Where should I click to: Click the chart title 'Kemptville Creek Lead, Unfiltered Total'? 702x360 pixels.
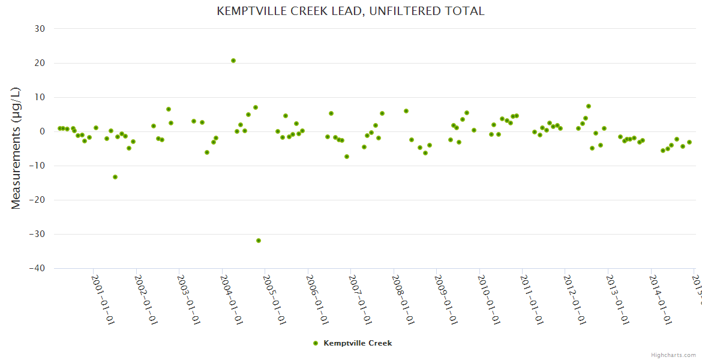point(350,11)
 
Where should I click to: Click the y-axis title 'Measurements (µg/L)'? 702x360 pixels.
point(16,148)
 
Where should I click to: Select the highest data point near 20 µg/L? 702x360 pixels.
point(233,61)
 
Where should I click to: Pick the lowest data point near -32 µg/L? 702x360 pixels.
point(259,241)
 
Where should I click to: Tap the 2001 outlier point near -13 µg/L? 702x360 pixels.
point(115,177)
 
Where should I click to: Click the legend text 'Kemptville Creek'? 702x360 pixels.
point(358,343)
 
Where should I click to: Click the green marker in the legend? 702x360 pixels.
point(316,343)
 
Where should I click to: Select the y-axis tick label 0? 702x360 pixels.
point(43,131)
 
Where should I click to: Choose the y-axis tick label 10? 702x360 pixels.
point(40,97)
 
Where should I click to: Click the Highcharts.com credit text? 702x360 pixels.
point(673,355)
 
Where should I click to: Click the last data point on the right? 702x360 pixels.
point(689,142)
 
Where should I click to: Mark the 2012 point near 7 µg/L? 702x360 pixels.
point(589,106)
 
